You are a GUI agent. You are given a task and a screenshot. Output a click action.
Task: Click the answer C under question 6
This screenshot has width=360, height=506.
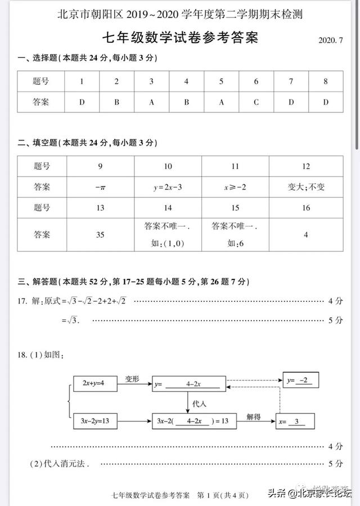click(256, 102)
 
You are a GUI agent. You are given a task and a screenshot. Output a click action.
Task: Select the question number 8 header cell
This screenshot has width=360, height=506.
click(325, 82)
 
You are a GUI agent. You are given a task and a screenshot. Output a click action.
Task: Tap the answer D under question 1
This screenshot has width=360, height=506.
click(82, 102)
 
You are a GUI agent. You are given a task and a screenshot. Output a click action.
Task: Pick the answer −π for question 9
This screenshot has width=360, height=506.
click(100, 187)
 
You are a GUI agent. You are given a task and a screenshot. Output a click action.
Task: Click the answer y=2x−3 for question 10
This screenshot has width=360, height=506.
click(168, 187)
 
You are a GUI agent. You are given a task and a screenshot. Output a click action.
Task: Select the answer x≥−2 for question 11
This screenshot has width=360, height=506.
click(235, 187)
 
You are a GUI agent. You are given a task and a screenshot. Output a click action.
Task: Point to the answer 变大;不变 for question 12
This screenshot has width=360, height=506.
click(305, 187)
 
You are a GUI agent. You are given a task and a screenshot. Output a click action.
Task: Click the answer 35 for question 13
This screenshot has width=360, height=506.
click(100, 234)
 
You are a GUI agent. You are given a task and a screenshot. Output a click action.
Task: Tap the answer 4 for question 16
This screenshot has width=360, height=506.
click(305, 234)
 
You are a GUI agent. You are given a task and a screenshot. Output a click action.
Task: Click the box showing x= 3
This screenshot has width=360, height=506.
click(295, 422)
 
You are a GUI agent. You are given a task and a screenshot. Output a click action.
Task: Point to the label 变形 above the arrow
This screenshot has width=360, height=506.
click(132, 377)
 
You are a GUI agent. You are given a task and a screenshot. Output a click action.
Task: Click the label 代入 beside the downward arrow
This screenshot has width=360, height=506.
click(200, 403)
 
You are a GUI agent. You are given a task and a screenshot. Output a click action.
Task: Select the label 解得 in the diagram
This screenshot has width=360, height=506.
click(254, 416)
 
